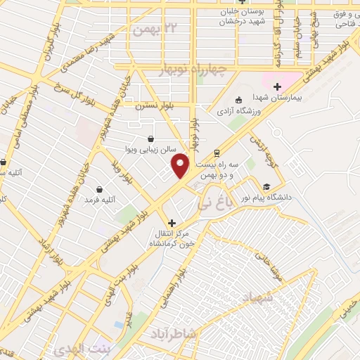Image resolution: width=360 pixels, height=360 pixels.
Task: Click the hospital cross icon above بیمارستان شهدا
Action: tap(277, 86)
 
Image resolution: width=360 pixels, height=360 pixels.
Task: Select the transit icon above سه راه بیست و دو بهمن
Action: tap(217, 153)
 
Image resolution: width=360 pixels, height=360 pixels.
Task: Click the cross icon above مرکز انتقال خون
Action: tap(172, 222)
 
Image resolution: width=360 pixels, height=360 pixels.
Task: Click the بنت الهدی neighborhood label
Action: tap(79, 349)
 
